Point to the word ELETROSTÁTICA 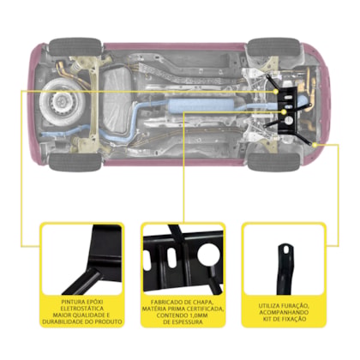click(82, 309)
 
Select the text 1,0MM click(198, 315)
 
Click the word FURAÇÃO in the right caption click(295, 306)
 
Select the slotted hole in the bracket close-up click(285, 250)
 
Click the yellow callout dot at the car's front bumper click(315, 144)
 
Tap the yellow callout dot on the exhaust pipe click(284, 111)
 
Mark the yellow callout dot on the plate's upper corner click(275, 91)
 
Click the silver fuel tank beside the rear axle click(117, 100)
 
